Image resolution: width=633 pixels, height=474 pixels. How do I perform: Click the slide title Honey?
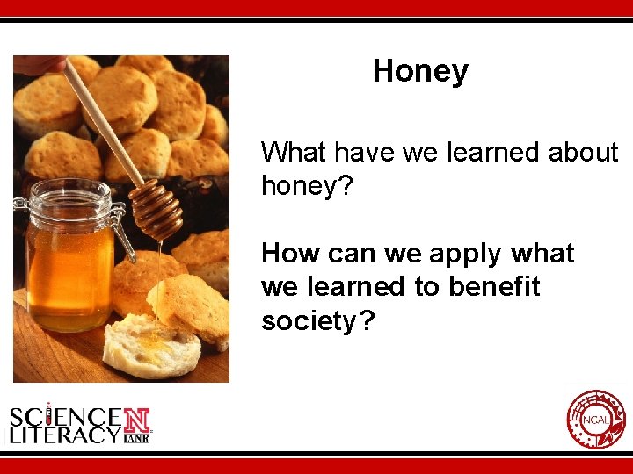[x=420, y=71]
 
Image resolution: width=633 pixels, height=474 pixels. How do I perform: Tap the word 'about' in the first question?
[x=584, y=153]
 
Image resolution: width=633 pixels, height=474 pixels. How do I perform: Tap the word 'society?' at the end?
[x=318, y=321]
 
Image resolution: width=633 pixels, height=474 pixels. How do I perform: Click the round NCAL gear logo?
[x=596, y=420]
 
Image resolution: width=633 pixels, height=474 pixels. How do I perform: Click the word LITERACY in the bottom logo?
[x=65, y=434]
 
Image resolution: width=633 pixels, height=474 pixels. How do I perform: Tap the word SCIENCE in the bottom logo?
[x=66, y=414]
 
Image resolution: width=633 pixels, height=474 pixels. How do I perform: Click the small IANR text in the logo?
[x=137, y=436]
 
